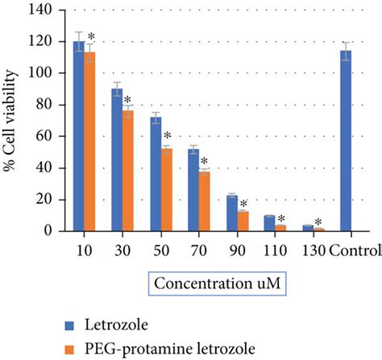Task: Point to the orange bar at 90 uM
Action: point(243,221)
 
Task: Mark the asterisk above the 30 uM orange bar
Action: point(127,101)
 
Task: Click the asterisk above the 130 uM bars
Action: point(319,222)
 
